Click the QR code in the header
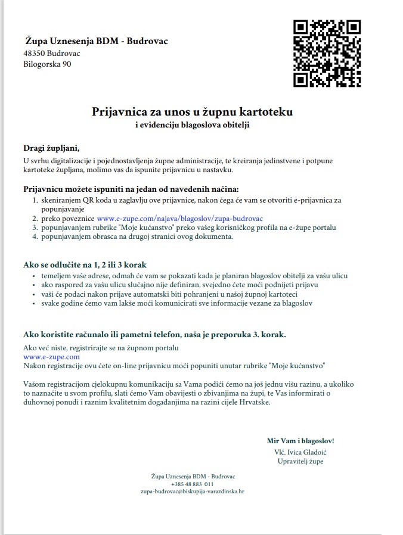coord(327,54)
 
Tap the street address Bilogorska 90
coord(47,64)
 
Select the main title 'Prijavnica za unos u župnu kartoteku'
coord(192,111)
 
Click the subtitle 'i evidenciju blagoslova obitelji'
coord(192,125)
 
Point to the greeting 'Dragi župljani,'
coord(51,148)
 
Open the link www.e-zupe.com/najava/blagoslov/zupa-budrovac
coord(179,219)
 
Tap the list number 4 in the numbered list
coord(35,237)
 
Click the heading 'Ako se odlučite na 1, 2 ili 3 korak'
coord(85,264)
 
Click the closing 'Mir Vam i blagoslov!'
coord(300,441)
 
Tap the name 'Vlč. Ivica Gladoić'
coord(300,452)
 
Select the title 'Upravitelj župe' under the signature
coord(300,461)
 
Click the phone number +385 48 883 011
coord(192,484)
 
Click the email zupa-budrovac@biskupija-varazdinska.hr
coord(192,492)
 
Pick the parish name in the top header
coord(96,41)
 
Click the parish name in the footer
coord(192,476)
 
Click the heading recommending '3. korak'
coord(154,334)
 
